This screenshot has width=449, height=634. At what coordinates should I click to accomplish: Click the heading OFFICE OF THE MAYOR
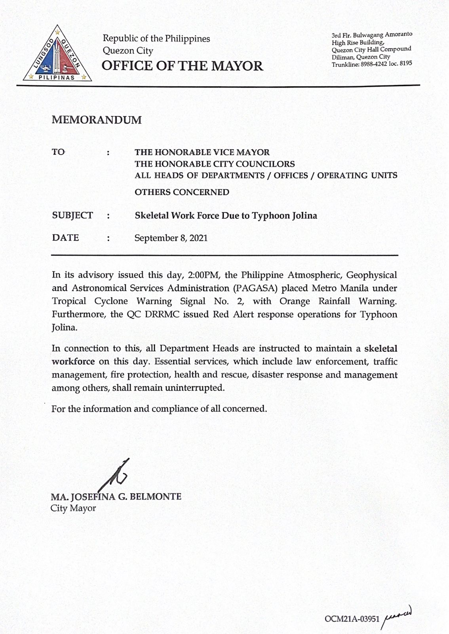[x=182, y=66]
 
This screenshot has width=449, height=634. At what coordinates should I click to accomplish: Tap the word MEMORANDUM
[x=96, y=120]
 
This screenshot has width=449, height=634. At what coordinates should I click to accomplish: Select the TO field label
[x=58, y=152]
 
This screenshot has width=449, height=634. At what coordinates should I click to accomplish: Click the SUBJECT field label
[x=72, y=216]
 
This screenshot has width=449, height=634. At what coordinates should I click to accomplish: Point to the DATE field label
[x=65, y=238]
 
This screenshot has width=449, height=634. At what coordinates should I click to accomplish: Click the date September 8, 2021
[x=171, y=238]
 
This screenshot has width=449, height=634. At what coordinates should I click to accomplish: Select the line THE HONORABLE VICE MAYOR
[x=202, y=152]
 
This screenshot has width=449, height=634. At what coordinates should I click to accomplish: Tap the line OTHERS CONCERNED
[x=182, y=192]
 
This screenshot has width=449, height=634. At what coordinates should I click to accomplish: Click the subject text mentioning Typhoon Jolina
[x=226, y=216]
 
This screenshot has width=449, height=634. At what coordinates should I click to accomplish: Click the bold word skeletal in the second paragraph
[x=381, y=349]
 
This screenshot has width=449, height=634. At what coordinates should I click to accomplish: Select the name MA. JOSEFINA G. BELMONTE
[x=116, y=497]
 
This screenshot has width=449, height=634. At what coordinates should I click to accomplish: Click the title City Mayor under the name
[x=73, y=508]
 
